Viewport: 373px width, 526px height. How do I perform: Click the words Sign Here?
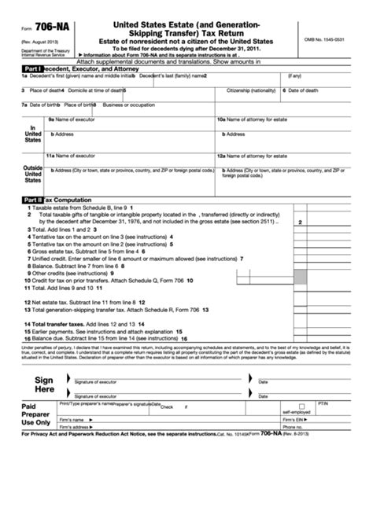[x=44, y=384]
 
